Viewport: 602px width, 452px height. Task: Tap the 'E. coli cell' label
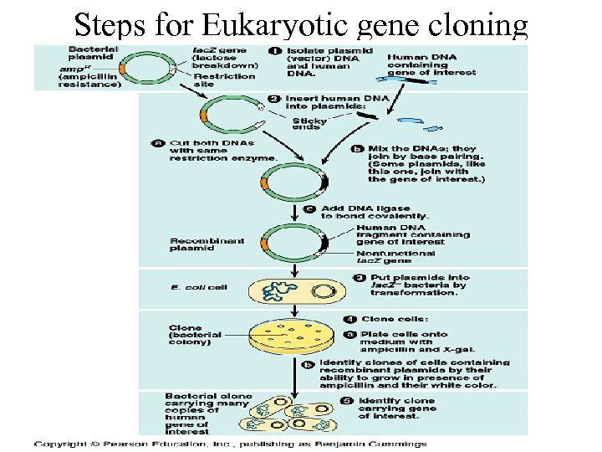click(x=198, y=286)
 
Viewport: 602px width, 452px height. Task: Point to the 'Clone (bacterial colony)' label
click(x=196, y=335)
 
